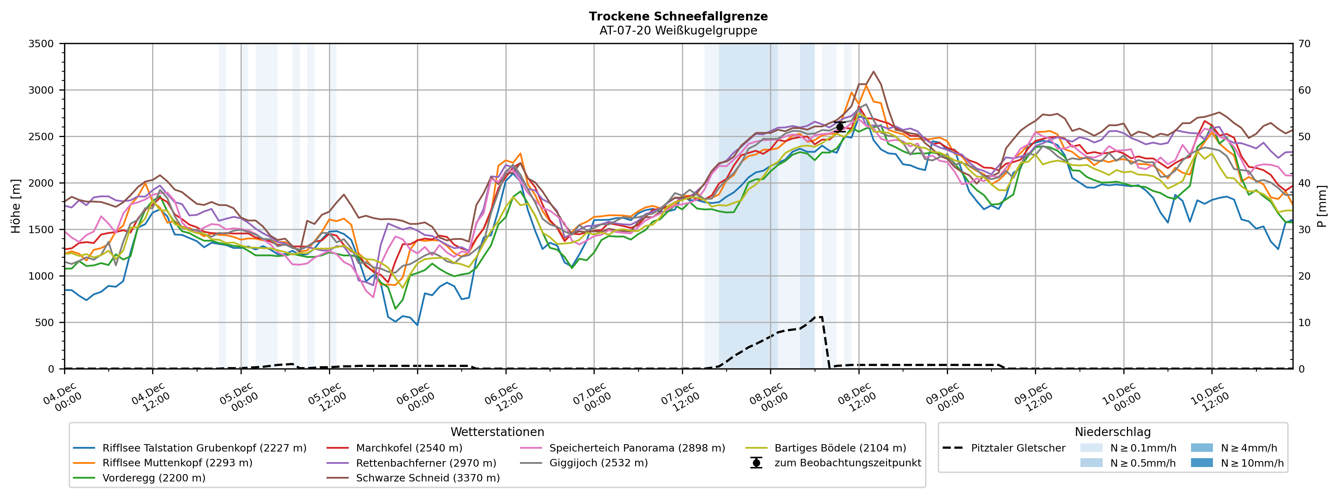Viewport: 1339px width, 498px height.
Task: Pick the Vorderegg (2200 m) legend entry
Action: coord(153,478)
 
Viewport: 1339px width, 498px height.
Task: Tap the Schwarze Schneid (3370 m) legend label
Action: coord(427,478)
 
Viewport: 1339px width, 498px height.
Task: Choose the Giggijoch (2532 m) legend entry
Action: coord(598,463)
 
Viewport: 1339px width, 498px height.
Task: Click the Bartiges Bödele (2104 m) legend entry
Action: coord(840,448)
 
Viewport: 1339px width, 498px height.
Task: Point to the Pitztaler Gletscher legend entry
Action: coord(1018,448)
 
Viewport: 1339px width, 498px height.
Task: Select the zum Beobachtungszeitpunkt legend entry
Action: coord(847,463)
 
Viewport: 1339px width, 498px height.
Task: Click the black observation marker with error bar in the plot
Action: coord(839,127)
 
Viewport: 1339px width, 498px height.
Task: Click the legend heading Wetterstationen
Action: coord(497,432)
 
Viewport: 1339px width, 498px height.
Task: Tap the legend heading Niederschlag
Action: coord(1112,432)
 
